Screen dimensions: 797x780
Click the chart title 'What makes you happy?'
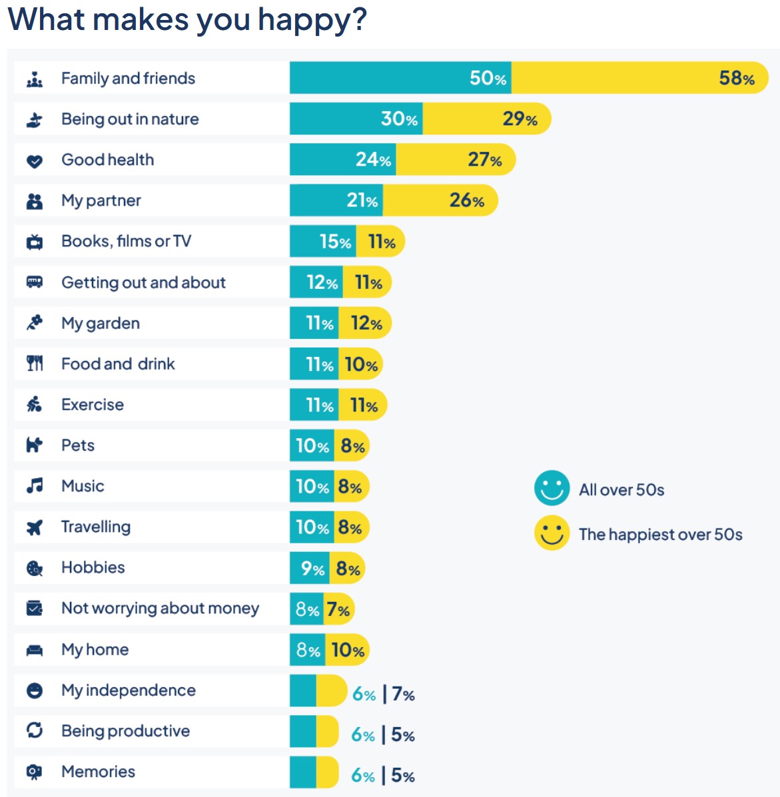(x=187, y=19)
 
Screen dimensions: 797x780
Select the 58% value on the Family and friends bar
(x=736, y=79)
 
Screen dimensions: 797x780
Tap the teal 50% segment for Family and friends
(x=400, y=78)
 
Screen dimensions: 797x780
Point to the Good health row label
(x=107, y=160)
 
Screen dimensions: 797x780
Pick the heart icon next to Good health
(x=35, y=160)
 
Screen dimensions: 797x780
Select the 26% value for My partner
(x=466, y=200)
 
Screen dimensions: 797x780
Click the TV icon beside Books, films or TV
(x=35, y=242)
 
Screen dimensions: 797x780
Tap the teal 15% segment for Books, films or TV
(x=322, y=242)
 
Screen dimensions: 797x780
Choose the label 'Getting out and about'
(x=143, y=282)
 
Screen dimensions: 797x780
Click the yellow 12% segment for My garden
(x=365, y=324)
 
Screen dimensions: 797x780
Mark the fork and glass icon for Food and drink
(x=35, y=364)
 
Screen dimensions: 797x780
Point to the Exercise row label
(x=92, y=405)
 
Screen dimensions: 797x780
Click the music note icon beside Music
(x=35, y=486)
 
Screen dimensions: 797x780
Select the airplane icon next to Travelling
(x=35, y=527)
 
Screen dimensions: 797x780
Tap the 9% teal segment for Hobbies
(x=310, y=569)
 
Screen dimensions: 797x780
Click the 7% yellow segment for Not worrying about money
(x=338, y=609)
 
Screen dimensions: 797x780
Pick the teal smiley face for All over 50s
(x=552, y=489)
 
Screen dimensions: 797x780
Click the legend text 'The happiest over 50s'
(x=660, y=535)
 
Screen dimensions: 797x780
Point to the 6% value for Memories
(x=363, y=776)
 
